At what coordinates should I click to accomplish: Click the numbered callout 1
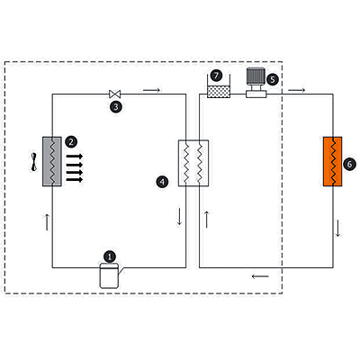pos(110,257)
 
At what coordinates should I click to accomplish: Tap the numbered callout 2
pos(71,141)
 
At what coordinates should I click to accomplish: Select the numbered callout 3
pos(116,107)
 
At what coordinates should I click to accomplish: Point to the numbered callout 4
pos(162,182)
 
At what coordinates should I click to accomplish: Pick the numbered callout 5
pos(273,80)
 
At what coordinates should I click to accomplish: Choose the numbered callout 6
pos(349,165)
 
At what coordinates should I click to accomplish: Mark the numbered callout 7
pos(216,76)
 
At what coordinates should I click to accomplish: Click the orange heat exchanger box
pos(332,161)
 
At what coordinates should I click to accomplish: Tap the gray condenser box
pos(52,161)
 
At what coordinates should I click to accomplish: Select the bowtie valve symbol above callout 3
pos(115,94)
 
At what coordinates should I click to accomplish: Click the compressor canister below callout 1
pos(109,276)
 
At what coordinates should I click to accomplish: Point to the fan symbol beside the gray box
pos(34,162)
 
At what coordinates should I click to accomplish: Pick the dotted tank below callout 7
pos(219,92)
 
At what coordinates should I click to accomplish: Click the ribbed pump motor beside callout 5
pos(256,76)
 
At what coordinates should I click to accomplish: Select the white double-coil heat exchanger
pos(193,163)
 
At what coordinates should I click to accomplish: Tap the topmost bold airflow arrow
pos(75,156)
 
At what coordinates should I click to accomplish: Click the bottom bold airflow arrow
pos(75,180)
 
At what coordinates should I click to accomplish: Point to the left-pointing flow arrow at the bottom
pos(260,276)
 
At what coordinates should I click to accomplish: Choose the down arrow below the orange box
pos(338,229)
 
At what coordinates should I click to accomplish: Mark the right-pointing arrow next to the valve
pos(152,90)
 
